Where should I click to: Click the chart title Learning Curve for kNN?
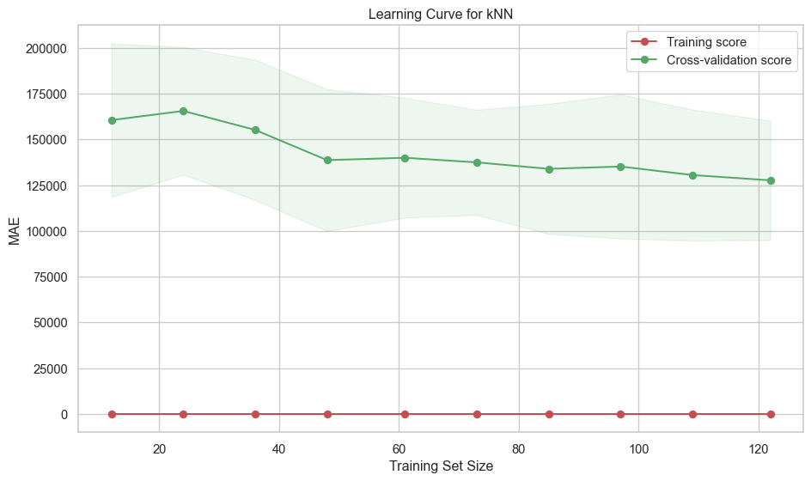(x=440, y=14)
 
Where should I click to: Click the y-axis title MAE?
(x=15, y=231)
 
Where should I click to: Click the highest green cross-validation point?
(x=183, y=111)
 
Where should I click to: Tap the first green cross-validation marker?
(x=112, y=120)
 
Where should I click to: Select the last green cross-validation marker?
(x=771, y=180)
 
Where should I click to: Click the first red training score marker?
(x=112, y=414)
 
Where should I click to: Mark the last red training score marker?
(x=771, y=414)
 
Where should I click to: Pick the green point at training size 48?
(x=327, y=160)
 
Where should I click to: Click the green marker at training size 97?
(x=620, y=167)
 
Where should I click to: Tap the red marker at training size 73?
(x=477, y=414)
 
